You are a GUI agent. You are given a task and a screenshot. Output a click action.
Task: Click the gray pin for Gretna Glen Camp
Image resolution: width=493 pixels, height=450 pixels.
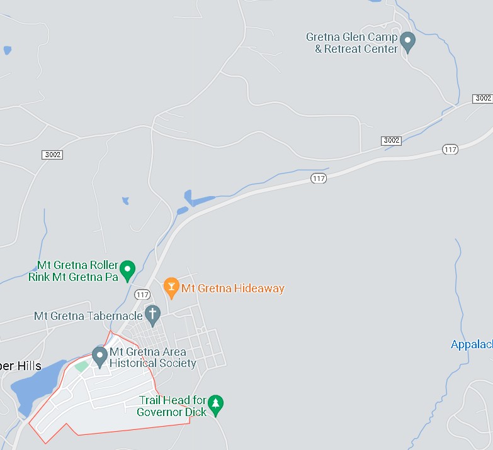(407, 41)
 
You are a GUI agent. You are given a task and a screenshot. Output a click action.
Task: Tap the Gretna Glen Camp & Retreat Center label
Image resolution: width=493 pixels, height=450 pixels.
(352, 43)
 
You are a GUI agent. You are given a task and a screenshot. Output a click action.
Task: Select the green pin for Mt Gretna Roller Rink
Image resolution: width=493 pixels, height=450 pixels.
(128, 270)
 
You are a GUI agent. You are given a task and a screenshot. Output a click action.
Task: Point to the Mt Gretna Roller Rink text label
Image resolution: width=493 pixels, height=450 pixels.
(74, 271)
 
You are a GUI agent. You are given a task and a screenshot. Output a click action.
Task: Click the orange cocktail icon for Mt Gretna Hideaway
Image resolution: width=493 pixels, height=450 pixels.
(171, 287)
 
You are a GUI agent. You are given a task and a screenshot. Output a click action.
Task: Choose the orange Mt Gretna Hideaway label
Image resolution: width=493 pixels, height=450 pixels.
(233, 288)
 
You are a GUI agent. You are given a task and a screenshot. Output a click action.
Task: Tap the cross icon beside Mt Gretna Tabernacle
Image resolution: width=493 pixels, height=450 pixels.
(152, 313)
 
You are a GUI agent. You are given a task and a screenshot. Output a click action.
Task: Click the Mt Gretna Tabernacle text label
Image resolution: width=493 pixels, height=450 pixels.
(88, 316)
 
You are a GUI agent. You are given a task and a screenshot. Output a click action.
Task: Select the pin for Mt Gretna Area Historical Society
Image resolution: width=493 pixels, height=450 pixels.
(99, 356)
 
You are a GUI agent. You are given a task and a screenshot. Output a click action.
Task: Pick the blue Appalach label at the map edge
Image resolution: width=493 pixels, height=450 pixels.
(472, 344)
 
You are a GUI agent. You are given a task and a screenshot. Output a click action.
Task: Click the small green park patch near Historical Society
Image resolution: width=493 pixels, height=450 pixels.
(81, 366)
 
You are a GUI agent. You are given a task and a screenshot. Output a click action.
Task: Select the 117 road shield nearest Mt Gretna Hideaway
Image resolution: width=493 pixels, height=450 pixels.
(142, 294)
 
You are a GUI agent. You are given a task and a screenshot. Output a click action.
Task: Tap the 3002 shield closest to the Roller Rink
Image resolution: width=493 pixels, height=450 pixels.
(53, 155)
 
